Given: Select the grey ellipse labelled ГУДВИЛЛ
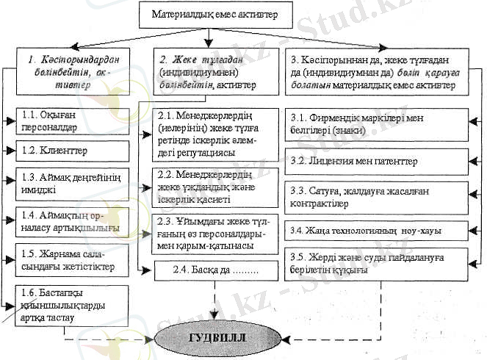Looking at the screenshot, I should click(x=207, y=339).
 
